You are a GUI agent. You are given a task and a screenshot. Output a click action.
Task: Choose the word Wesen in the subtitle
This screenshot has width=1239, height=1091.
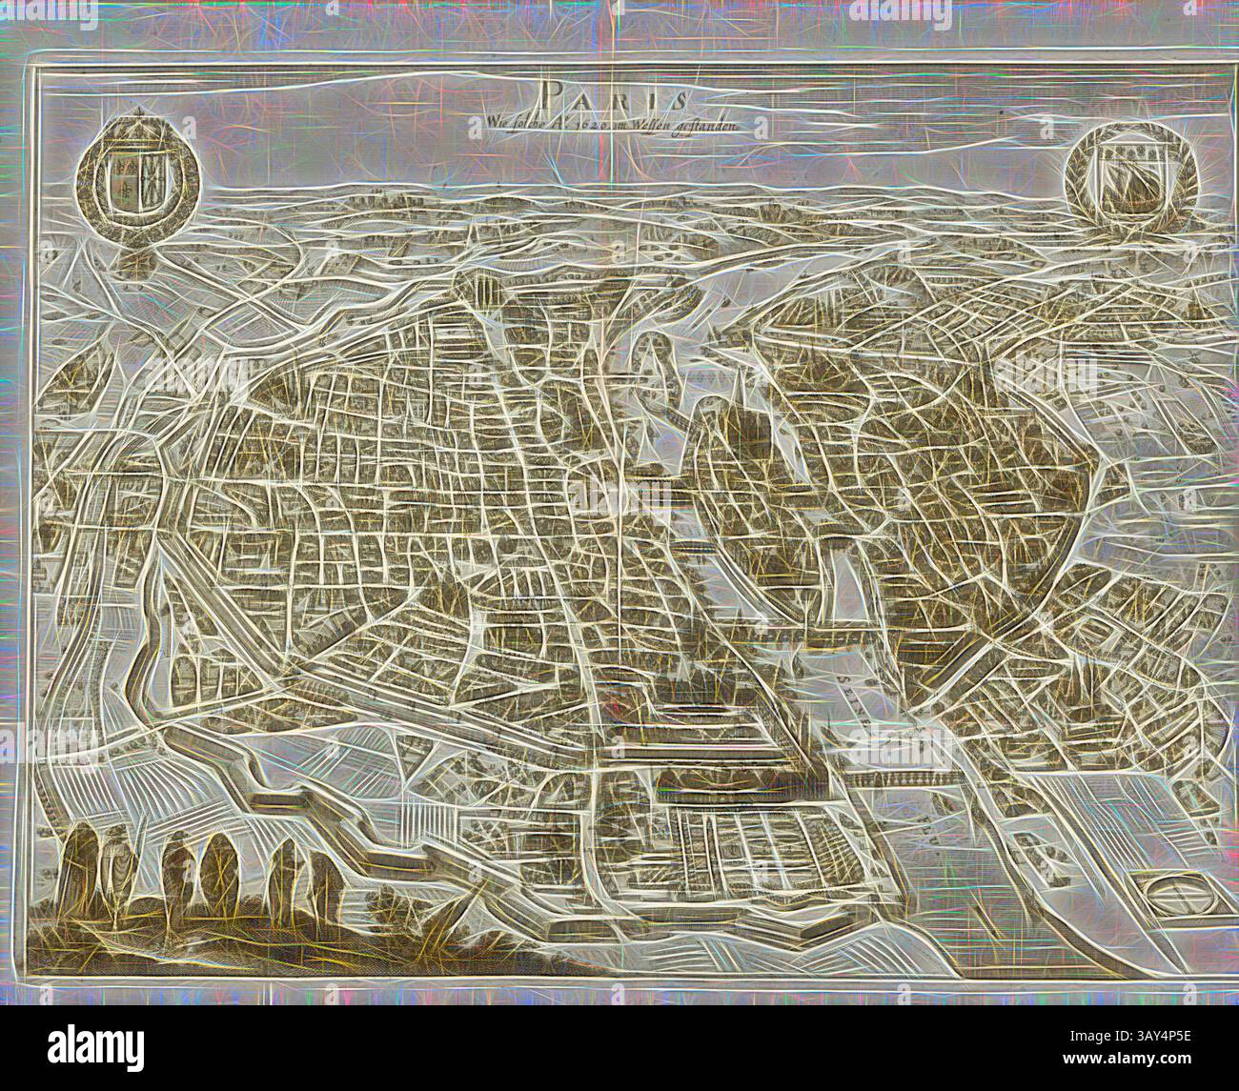click(x=669, y=121)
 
